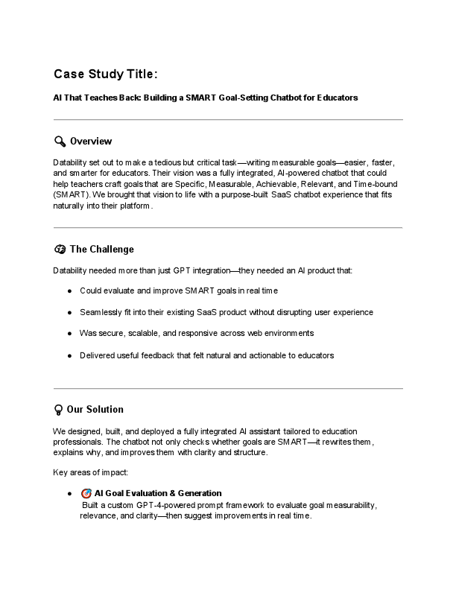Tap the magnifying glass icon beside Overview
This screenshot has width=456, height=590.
[60, 142]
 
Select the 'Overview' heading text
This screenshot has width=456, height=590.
[91, 142]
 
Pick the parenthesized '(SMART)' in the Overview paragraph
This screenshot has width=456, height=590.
[72, 194]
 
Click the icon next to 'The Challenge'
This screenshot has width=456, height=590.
[60, 250]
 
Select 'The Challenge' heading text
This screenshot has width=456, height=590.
[101, 250]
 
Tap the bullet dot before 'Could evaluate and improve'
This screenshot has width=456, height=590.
[69, 291]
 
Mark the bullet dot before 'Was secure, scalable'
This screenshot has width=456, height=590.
[69, 333]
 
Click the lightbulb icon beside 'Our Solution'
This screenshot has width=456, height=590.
[59, 410]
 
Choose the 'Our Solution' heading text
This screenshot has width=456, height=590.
[95, 410]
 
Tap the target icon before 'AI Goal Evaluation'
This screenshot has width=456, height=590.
[86, 493]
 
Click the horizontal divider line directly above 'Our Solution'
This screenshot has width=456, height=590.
[228, 388]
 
